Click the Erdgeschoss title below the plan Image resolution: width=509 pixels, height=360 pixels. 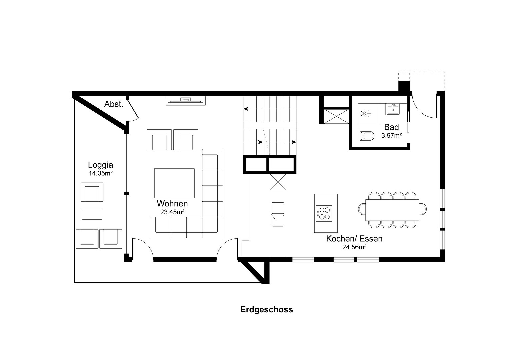(x=267, y=310)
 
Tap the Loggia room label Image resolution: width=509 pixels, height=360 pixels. (x=100, y=165)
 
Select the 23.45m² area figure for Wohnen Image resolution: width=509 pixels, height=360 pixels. (x=172, y=212)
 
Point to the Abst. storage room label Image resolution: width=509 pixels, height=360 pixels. (x=114, y=104)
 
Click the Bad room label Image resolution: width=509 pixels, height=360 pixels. (x=392, y=127)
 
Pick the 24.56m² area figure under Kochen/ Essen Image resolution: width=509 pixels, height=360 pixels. (x=354, y=247)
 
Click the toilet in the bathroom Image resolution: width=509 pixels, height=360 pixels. (x=366, y=136)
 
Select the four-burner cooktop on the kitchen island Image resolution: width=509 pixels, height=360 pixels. (x=324, y=213)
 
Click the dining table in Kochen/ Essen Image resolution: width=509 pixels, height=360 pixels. (x=392, y=210)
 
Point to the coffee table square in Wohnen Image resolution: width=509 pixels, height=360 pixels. (x=174, y=183)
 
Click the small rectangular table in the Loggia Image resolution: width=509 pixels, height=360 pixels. (x=92, y=214)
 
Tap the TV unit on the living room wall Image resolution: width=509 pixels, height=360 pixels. (x=186, y=101)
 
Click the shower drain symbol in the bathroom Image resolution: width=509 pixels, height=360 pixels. (x=363, y=113)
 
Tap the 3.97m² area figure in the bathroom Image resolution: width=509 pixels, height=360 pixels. (x=392, y=136)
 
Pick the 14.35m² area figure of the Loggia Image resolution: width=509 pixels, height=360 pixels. (x=101, y=173)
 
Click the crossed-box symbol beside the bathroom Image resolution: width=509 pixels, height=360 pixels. (x=336, y=116)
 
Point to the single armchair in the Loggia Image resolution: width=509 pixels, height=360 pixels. (x=92, y=192)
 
